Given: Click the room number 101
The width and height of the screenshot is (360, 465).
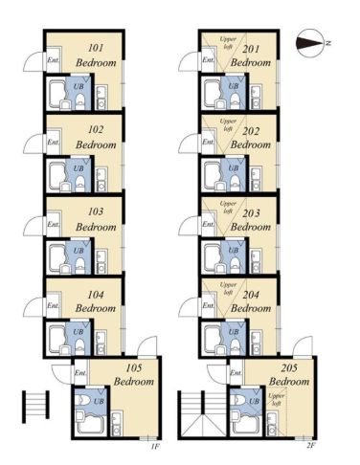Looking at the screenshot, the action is point(96,48).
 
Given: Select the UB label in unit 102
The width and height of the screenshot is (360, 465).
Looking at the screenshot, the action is point(79,168).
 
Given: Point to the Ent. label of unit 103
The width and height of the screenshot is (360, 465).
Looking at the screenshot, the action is point(53,224).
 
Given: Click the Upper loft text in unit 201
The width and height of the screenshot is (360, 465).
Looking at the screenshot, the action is point(228,43).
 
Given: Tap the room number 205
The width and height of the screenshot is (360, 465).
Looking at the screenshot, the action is point(289,368).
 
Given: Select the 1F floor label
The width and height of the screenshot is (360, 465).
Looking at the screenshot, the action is point(155,446).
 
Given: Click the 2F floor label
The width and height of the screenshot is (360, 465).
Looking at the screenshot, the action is point(310,446).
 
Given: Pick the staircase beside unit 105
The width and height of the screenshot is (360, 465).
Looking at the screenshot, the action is point(35,407).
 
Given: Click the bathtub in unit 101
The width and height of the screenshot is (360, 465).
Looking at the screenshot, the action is point(57,92).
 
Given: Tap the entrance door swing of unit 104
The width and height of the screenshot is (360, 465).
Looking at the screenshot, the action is point(34,307).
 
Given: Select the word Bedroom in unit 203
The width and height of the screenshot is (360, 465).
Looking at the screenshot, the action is point(251,227).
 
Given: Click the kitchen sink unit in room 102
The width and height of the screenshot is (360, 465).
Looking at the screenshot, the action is point(101,179).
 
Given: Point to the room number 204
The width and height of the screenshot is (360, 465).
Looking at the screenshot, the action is point(251,295).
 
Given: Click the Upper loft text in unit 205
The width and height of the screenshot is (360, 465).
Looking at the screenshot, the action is point(276,399).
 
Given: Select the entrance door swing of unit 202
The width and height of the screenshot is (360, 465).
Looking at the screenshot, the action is point(189,144).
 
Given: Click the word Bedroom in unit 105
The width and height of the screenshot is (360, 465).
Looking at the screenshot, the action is point(134,382).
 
